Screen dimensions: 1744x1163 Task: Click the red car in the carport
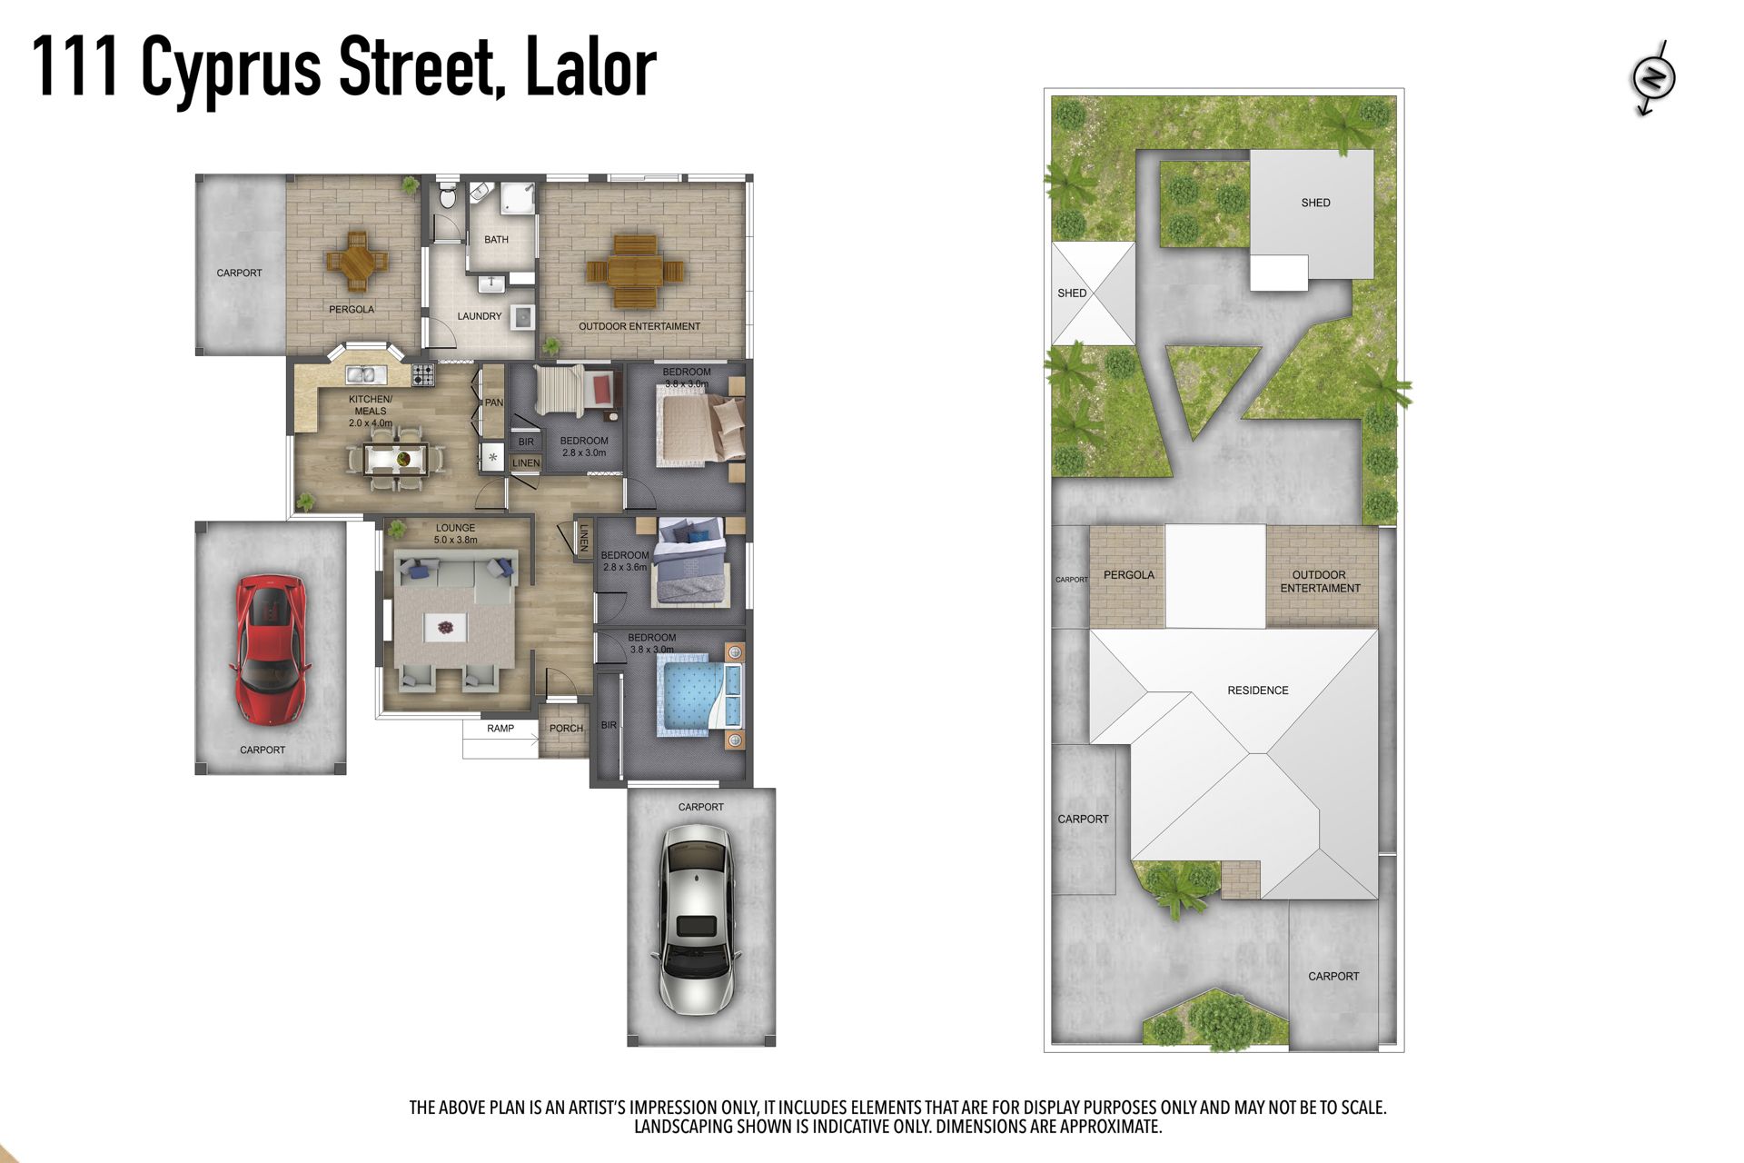(x=271, y=649)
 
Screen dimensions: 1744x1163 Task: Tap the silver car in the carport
(x=697, y=919)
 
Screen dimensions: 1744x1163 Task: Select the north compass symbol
(x=1653, y=77)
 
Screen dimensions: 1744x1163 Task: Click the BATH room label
(x=496, y=240)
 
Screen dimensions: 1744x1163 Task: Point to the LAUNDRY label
(x=480, y=316)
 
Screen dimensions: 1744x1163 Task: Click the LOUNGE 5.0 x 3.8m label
(x=455, y=533)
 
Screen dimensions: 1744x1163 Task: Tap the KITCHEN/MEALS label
(x=371, y=411)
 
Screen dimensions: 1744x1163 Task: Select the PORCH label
(x=566, y=729)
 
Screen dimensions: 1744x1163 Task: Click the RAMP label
(x=500, y=729)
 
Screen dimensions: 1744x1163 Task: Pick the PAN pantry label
(x=493, y=403)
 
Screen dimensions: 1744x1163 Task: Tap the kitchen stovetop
(x=423, y=373)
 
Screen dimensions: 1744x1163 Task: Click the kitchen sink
(x=366, y=373)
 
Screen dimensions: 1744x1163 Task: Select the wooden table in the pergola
(x=357, y=262)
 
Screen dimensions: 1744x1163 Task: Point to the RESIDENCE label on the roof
(x=1258, y=691)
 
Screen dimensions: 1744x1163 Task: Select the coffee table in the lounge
(x=446, y=627)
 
